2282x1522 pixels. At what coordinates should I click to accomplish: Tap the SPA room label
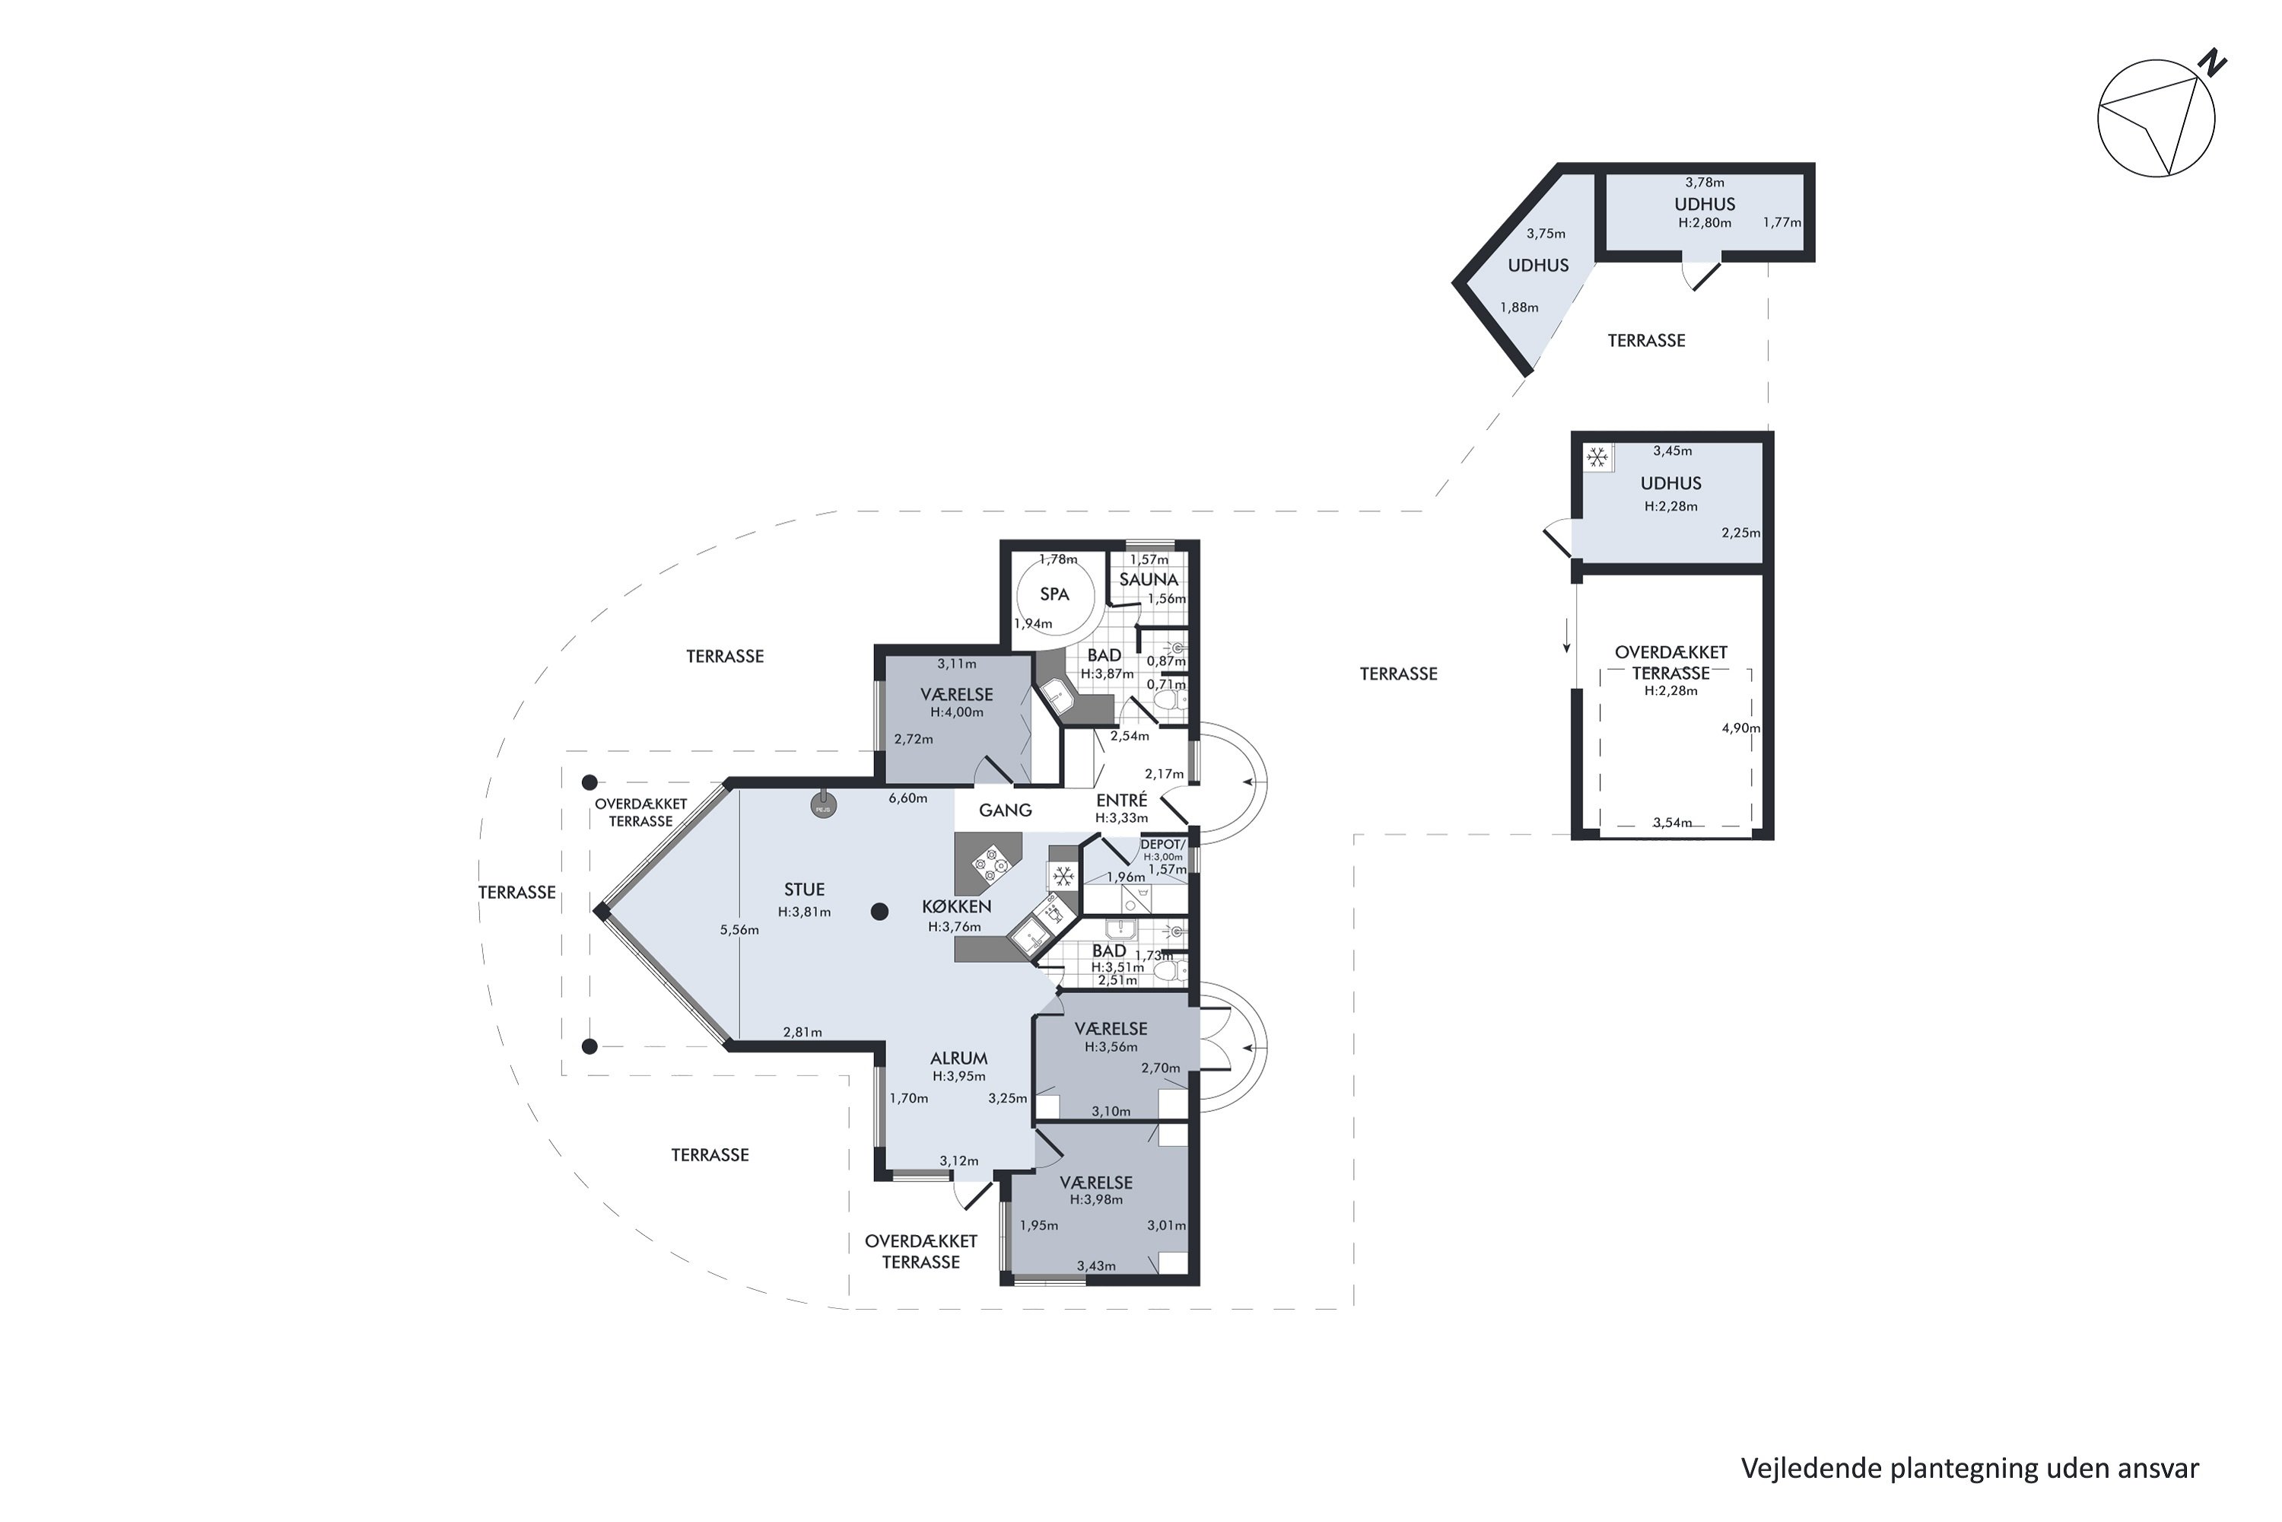[1054, 594]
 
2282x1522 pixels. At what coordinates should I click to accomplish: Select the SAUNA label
[1149, 579]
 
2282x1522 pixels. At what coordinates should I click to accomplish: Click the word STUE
[804, 889]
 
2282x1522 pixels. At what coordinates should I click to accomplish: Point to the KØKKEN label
[957, 906]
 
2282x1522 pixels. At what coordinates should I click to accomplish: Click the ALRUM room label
[958, 1058]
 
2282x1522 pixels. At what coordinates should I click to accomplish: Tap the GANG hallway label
[1005, 810]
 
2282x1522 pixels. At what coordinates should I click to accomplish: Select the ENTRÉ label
[1121, 800]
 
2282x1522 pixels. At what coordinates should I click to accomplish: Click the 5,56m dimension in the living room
[739, 930]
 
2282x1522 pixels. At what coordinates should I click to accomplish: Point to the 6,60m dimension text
[908, 798]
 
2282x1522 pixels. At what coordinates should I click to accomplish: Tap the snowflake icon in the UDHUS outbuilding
[1597, 456]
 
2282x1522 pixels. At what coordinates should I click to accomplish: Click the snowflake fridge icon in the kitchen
[1063, 877]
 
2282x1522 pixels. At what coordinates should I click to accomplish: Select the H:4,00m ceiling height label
[957, 712]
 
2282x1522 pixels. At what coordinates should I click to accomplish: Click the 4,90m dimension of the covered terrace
[1740, 728]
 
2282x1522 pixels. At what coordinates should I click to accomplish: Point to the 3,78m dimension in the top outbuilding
[1705, 182]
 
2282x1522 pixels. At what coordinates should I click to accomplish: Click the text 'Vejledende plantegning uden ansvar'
[1969, 1469]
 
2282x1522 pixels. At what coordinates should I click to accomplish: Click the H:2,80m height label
[1705, 222]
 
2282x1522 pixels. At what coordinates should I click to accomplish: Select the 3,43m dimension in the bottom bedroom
[1096, 1266]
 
